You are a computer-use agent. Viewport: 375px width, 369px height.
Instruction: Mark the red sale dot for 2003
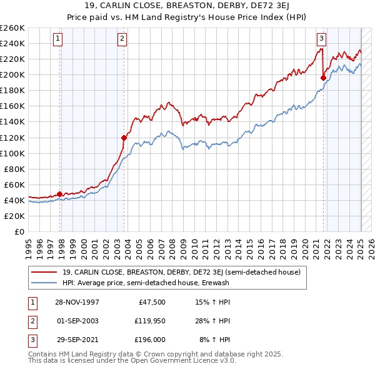124,138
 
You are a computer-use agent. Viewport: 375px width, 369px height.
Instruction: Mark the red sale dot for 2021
324,78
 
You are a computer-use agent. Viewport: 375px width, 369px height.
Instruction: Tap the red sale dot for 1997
60,194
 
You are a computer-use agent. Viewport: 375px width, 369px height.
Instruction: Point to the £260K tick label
12,28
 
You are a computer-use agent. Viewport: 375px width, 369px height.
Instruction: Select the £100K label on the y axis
12,153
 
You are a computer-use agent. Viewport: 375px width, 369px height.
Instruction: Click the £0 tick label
19,231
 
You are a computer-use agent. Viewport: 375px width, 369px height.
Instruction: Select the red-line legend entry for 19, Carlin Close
181,272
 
